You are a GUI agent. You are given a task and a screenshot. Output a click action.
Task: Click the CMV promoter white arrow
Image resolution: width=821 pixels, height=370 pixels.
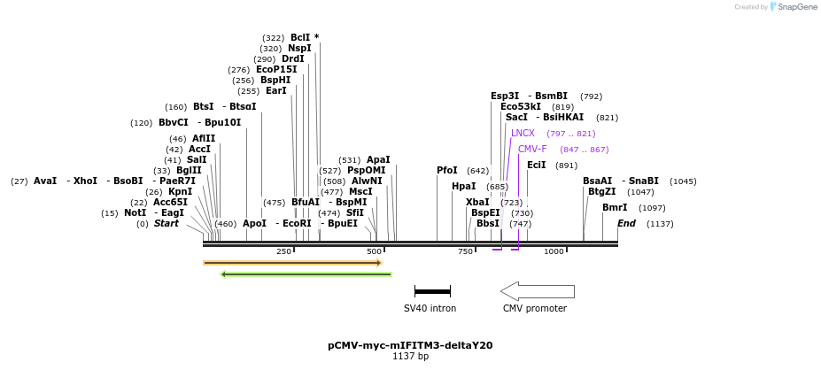pos(537,291)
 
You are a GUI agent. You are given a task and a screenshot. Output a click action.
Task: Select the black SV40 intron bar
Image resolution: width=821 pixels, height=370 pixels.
pos(432,291)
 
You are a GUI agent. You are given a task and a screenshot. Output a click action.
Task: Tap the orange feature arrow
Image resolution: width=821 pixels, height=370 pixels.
pos(291,263)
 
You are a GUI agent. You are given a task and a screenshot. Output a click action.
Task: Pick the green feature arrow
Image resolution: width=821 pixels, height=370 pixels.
pos(306,274)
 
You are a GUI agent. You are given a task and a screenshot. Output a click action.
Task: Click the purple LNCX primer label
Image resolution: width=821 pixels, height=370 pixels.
pos(523,133)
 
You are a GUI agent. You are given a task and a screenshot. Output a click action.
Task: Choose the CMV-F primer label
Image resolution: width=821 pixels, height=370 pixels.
pos(532,149)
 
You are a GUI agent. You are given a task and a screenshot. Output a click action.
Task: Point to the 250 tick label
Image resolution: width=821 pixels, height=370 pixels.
pos(283,251)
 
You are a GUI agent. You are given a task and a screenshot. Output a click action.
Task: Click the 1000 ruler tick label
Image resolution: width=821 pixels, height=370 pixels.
pos(554,251)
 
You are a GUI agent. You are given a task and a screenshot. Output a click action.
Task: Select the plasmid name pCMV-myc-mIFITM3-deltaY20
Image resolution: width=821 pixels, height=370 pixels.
pos(410,345)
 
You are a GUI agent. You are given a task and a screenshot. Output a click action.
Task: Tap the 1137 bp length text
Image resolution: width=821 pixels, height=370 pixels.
pos(410,357)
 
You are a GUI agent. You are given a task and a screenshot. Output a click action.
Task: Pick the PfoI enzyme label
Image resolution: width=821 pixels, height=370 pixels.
pos(447,170)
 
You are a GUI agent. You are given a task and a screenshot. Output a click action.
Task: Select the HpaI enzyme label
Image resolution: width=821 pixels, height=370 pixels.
pos(463,186)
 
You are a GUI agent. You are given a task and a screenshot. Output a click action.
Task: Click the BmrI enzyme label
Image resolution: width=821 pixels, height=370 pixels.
pos(615,207)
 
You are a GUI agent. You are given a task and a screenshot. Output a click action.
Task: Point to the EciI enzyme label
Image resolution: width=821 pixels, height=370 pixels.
pos(537,165)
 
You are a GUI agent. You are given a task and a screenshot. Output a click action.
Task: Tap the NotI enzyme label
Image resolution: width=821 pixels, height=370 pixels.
pos(135,212)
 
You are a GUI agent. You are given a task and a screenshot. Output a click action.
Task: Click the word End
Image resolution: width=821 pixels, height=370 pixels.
pos(626,223)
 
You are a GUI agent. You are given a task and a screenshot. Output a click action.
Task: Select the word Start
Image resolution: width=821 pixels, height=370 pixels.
pos(166,223)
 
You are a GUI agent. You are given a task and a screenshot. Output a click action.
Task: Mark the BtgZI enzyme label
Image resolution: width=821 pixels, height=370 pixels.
pos(601,191)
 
